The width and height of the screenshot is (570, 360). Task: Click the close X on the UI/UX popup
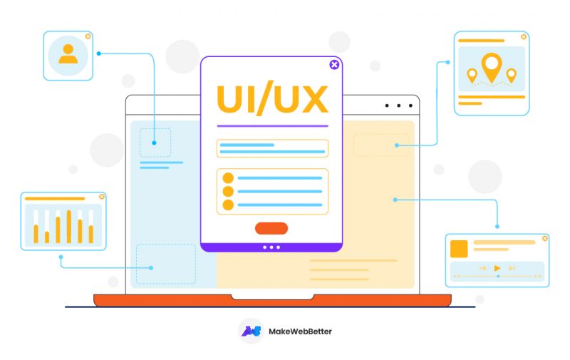tap(334, 65)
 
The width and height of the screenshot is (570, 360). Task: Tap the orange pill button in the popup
tap(271, 228)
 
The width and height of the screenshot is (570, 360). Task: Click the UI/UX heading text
tap(272, 100)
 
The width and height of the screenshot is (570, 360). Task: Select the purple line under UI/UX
tap(272, 126)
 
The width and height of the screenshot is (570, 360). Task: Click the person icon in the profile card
tap(68, 54)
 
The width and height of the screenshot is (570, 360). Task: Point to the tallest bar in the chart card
tap(69, 226)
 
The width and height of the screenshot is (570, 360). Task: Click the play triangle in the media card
tap(497, 268)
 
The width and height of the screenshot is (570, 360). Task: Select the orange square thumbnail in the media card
tap(460, 249)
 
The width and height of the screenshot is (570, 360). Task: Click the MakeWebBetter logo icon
tap(251, 331)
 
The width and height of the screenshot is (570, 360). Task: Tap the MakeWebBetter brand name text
tap(300, 331)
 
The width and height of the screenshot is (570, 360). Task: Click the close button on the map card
tap(524, 36)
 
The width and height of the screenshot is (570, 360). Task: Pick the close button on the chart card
tap(102, 197)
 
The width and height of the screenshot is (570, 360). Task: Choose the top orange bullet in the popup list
tap(228, 178)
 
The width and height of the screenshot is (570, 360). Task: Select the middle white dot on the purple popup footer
tap(271, 247)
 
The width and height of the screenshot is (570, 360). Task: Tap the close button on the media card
tap(544, 238)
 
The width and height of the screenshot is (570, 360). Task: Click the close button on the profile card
tap(88, 36)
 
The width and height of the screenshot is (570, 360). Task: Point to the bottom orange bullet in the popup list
tap(228, 205)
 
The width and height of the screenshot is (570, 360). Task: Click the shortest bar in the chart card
tap(47, 237)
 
